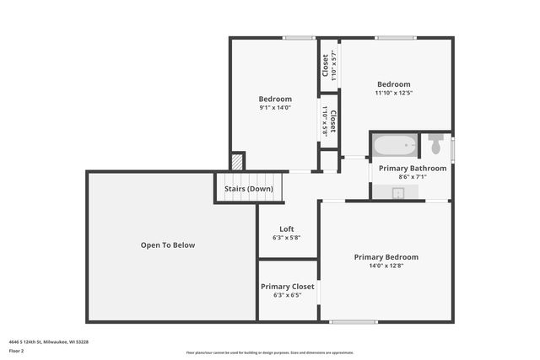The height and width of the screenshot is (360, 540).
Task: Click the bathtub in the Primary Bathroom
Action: click(x=395, y=146)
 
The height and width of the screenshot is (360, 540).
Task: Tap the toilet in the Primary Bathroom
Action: click(x=435, y=145)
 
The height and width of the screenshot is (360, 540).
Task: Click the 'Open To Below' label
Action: click(x=167, y=245)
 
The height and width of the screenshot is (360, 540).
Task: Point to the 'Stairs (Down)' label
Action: click(x=248, y=189)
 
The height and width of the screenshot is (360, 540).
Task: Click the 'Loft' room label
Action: click(x=287, y=228)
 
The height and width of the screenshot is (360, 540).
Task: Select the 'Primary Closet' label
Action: click(x=287, y=287)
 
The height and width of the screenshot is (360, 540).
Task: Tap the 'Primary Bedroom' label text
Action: click(x=386, y=257)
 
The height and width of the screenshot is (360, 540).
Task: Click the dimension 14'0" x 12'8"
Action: click(x=386, y=266)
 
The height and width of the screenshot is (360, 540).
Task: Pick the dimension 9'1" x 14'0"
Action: click(x=275, y=108)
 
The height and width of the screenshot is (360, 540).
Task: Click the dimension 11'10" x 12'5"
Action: click(x=393, y=93)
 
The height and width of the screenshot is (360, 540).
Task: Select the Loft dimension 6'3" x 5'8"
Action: click(x=287, y=238)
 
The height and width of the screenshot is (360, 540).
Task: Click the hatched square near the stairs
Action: click(x=238, y=161)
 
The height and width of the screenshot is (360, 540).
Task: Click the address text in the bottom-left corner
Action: click(x=49, y=341)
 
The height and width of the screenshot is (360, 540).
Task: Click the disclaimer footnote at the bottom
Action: click(x=269, y=352)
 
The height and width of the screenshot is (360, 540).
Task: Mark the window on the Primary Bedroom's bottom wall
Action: click(x=354, y=321)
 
